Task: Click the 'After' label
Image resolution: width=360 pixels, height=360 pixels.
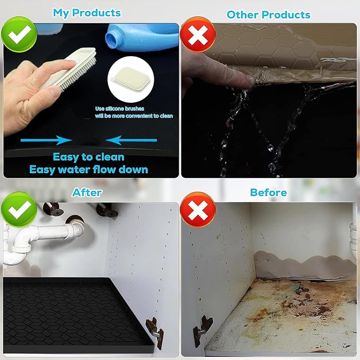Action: (87, 192)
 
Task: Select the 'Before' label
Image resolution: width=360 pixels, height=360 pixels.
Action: (268, 192)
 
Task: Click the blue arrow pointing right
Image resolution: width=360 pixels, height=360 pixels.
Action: (46, 141)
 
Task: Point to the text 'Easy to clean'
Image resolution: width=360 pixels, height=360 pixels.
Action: (89, 157)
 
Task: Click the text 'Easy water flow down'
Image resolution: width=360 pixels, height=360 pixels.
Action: (89, 170)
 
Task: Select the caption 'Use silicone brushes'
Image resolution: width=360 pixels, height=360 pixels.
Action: (119, 109)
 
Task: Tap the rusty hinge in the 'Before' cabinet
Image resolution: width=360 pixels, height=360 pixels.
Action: (203, 326)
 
